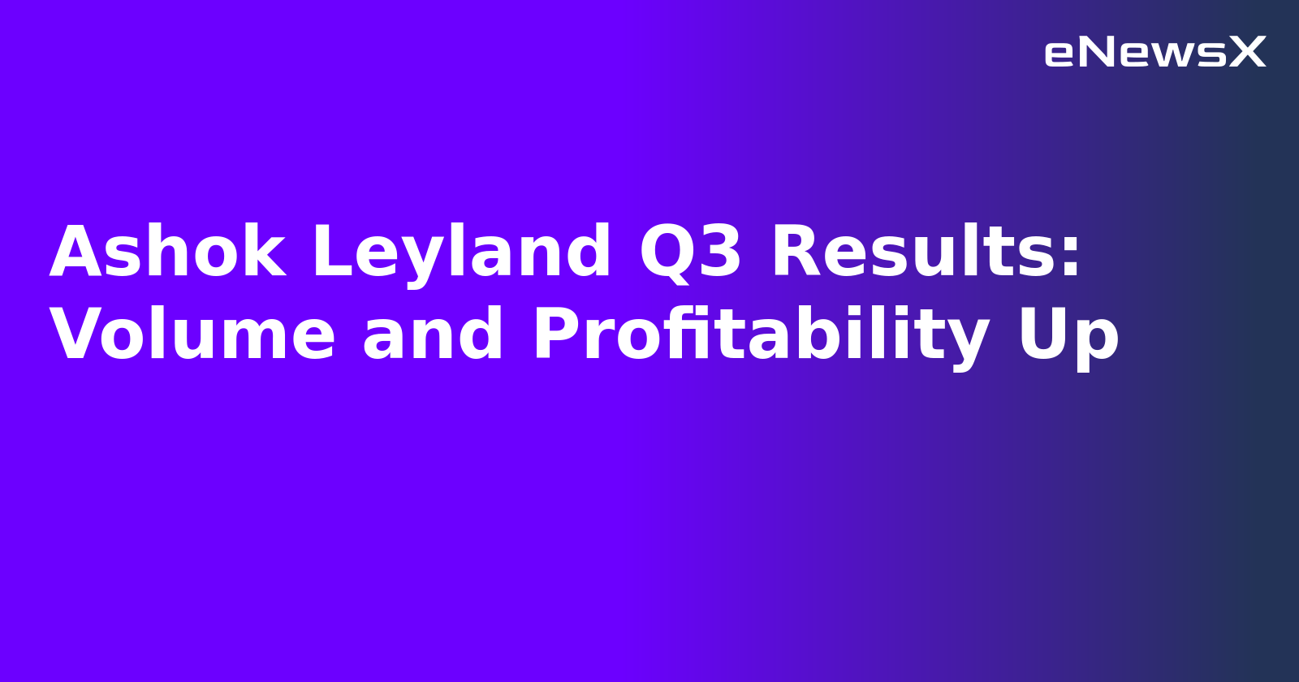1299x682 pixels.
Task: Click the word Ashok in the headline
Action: click(167, 253)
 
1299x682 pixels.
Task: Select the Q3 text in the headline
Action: click(690, 253)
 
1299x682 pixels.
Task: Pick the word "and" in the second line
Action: click(433, 335)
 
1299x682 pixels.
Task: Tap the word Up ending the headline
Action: click(1068, 335)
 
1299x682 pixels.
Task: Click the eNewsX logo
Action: click(1154, 53)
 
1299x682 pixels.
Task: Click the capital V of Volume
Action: click(78, 335)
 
